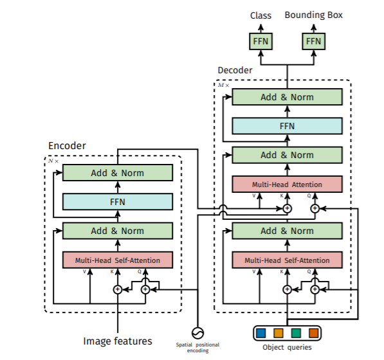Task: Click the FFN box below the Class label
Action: point(261,41)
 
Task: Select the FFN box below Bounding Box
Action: point(313,41)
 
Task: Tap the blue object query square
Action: point(261,333)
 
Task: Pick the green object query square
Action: point(296,333)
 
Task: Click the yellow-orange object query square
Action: point(279,333)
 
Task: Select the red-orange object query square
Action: point(313,333)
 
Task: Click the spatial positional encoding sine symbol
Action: point(197,333)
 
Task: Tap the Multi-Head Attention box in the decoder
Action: point(287,184)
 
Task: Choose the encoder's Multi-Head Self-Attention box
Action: point(118,260)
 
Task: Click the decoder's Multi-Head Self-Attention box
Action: point(287,260)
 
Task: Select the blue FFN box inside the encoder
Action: point(118,202)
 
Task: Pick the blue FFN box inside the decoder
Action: point(287,126)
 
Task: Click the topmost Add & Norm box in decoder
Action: point(287,97)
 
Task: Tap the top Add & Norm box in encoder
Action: point(118,173)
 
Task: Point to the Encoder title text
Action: point(67,146)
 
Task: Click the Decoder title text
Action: point(235,70)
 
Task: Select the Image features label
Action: point(118,341)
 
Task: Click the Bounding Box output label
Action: point(313,15)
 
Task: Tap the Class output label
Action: point(261,15)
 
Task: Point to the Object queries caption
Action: point(287,347)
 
